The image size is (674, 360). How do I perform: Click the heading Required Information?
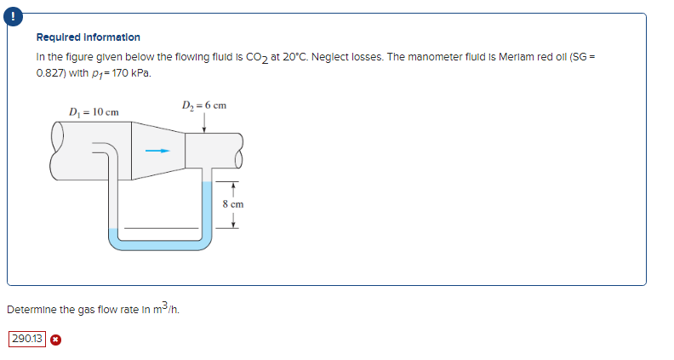(89, 37)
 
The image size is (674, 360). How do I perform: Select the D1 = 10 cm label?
(94, 112)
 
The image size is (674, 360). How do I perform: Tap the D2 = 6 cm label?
(204, 106)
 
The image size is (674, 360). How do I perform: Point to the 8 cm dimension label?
(233, 204)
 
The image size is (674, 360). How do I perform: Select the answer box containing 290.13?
(26, 339)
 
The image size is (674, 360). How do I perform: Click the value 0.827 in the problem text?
(50, 73)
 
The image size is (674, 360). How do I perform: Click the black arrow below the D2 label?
(204, 123)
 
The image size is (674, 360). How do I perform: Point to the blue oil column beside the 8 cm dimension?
(206, 209)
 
